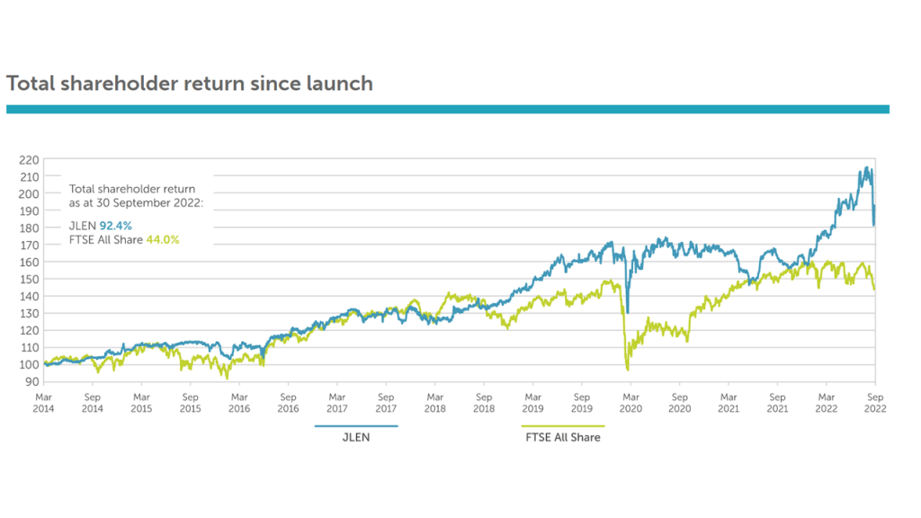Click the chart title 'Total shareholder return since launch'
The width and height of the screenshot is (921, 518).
189,84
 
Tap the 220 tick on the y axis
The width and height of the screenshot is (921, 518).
28,159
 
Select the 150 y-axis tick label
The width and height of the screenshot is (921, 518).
28,279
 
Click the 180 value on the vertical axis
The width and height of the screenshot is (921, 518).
28,228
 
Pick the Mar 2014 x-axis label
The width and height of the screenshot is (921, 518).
43,401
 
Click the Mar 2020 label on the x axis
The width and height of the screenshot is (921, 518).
630,401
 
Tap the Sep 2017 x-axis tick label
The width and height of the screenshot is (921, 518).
386,401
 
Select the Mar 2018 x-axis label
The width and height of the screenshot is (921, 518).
434,401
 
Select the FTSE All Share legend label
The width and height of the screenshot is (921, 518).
562,437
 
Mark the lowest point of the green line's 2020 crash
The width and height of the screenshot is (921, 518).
627,370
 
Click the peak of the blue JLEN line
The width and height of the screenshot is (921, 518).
866,167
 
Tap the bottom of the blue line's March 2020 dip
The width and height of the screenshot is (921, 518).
628,311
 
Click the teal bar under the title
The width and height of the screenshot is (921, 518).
447,109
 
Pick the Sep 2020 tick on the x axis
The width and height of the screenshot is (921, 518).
680,401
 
